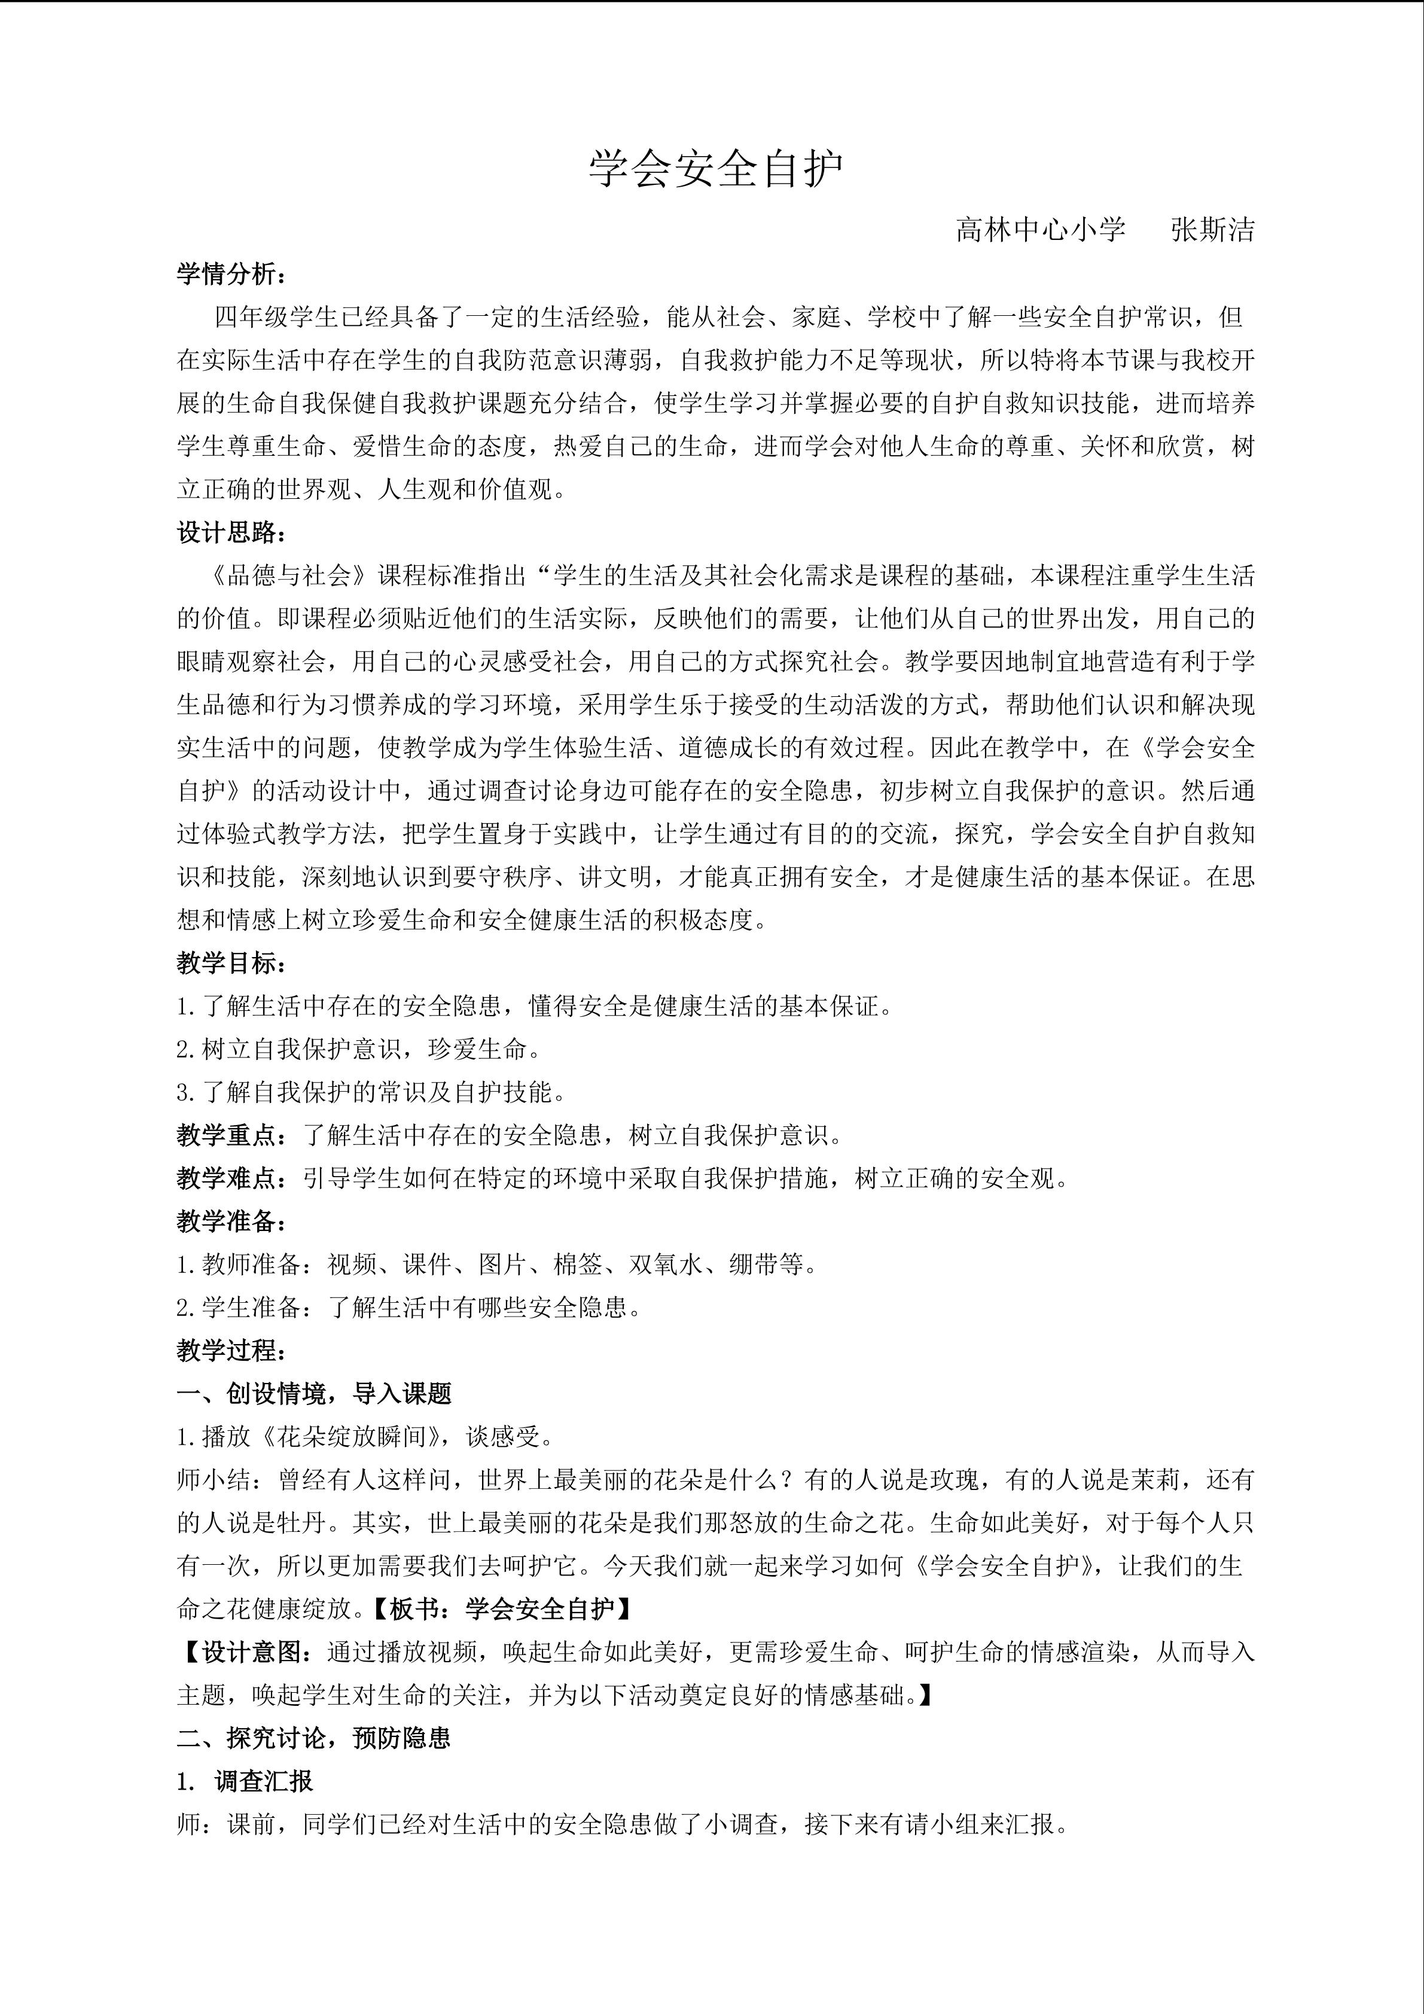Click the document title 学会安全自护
[715, 169]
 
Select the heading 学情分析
[231, 275]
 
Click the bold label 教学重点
[231, 1135]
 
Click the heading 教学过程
[231, 1350]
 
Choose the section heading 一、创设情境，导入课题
[314, 1393]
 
